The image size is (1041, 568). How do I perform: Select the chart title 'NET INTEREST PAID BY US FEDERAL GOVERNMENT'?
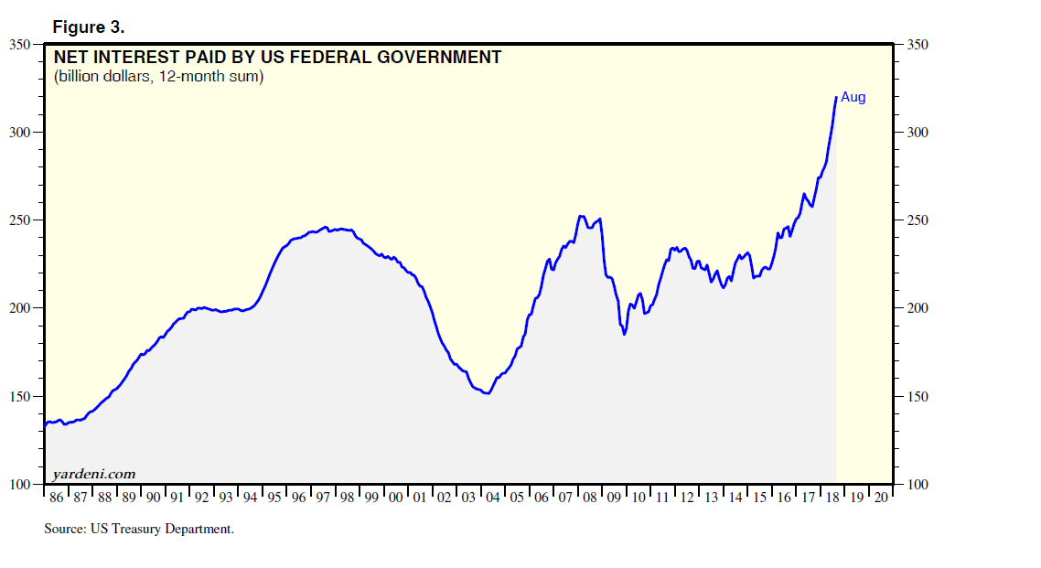[277, 58]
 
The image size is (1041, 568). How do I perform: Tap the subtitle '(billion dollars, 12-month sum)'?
[158, 77]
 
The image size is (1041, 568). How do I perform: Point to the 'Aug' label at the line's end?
[853, 98]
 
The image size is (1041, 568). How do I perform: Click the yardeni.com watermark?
[94, 473]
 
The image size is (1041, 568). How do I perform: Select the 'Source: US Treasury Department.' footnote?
[139, 529]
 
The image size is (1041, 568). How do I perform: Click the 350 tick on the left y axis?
[20, 44]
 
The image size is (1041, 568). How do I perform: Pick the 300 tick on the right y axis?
[918, 133]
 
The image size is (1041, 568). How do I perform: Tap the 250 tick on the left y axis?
[20, 220]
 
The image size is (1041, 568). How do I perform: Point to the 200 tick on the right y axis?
[918, 308]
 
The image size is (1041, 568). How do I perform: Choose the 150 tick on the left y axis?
[20, 397]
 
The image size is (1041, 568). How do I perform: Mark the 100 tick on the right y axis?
[918, 485]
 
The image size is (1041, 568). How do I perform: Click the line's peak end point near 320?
[836, 97]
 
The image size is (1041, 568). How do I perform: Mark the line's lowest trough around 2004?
[488, 393]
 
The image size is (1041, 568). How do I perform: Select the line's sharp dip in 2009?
[625, 334]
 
